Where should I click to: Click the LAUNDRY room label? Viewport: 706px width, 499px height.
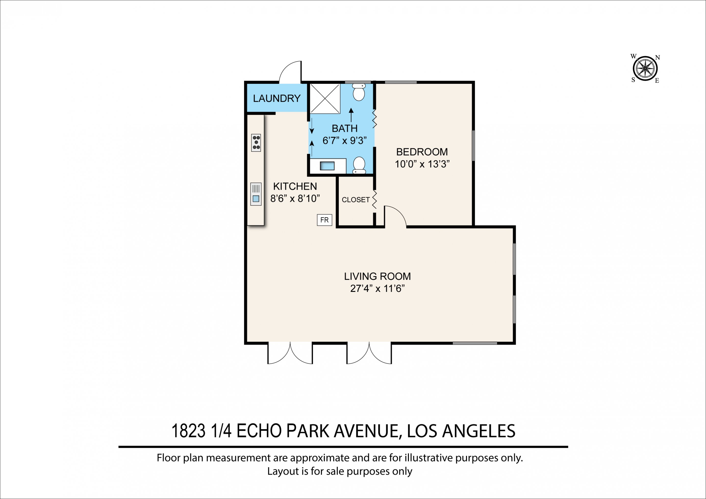(x=277, y=98)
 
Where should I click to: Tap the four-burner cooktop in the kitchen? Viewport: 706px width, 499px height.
(x=256, y=143)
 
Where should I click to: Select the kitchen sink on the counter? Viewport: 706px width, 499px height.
(x=256, y=194)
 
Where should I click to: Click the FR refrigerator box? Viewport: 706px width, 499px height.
(x=324, y=220)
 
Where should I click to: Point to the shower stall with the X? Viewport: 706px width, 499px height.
(x=325, y=98)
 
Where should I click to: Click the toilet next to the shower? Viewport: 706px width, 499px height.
(x=359, y=92)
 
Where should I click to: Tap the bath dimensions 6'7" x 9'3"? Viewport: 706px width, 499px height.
(x=344, y=140)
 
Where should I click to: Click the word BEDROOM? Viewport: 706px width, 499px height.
(x=422, y=152)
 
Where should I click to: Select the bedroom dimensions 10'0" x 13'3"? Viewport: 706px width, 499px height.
(x=422, y=164)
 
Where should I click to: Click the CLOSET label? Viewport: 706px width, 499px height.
(x=356, y=200)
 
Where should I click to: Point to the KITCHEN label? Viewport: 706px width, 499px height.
(x=295, y=186)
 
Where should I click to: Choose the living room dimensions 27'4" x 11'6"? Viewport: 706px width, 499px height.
(x=377, y=288)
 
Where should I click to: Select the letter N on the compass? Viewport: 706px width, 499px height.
(x=657, y=58)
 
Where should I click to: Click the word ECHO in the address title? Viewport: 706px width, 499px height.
(x=259, y=431)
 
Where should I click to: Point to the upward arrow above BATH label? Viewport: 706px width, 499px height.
(x=351, y=115)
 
